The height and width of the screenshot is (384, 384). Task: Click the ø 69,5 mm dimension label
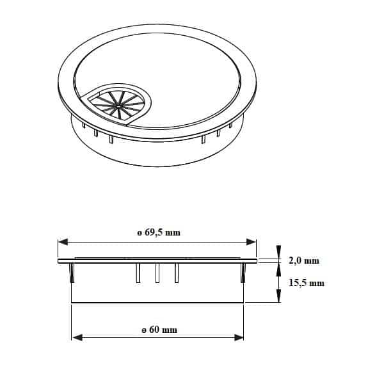[159, 232]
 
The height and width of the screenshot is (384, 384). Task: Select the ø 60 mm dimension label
[159, 330]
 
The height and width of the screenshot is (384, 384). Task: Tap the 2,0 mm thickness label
[304, 260]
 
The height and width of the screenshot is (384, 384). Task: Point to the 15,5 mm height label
[307, 283]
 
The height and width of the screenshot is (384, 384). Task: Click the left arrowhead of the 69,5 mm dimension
[63, 242]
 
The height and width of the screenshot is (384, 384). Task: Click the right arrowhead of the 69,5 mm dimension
[251, 242]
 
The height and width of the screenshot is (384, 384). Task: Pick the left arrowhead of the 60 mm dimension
[77, 338]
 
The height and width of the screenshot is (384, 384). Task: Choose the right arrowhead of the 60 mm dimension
[239, 338]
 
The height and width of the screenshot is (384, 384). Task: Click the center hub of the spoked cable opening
[118, 106]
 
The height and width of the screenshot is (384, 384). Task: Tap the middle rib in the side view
[157, 273]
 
